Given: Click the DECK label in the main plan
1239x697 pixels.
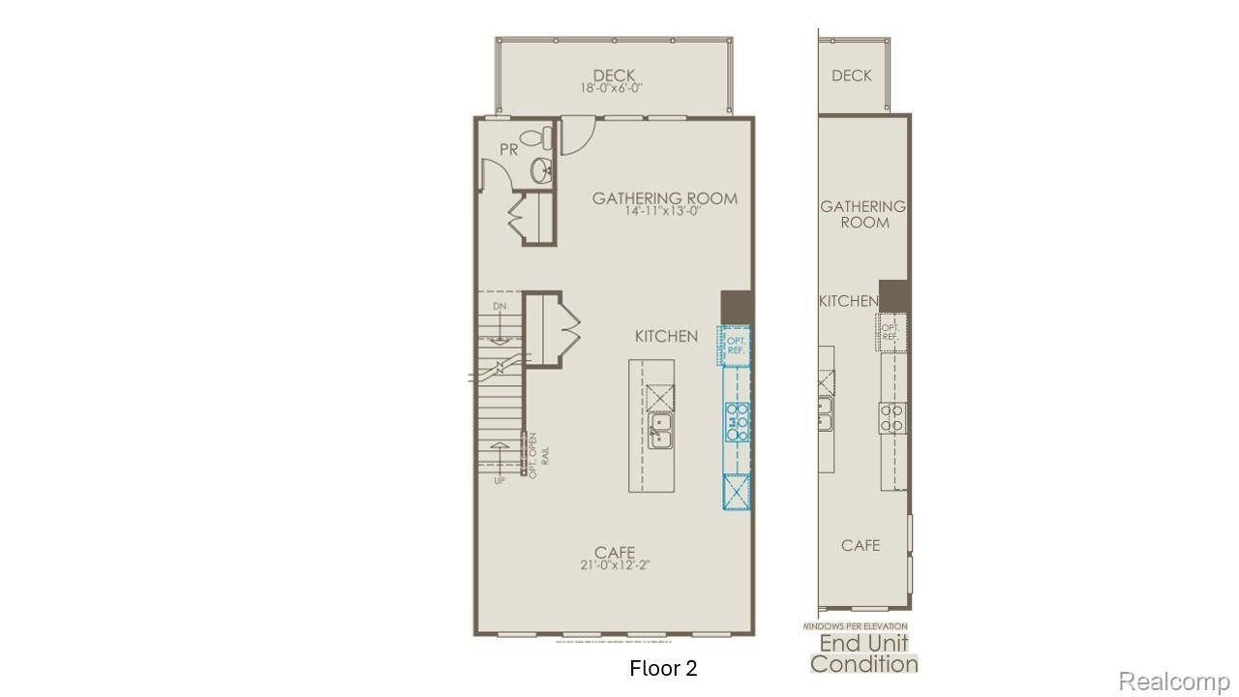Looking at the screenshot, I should pos(614,75).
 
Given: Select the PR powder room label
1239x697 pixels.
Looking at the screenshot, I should pos(509,149).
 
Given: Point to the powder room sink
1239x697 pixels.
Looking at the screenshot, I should pos(542,172).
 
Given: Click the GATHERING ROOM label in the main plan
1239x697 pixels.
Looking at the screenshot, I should pos(664,198).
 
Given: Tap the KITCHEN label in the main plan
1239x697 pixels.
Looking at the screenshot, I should pos(666,336).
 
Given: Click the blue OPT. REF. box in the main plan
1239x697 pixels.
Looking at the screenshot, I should pos(735,345).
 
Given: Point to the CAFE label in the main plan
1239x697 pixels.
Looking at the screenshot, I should pos(615,553).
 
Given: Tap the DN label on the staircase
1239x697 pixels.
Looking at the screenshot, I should pos(499,306).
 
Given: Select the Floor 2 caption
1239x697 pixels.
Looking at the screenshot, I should pos(663,668).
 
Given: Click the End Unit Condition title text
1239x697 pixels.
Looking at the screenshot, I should pos(863,653).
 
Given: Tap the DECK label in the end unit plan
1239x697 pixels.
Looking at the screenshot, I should pos(851,76).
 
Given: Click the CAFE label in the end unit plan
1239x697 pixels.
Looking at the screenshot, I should pos(860,545).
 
